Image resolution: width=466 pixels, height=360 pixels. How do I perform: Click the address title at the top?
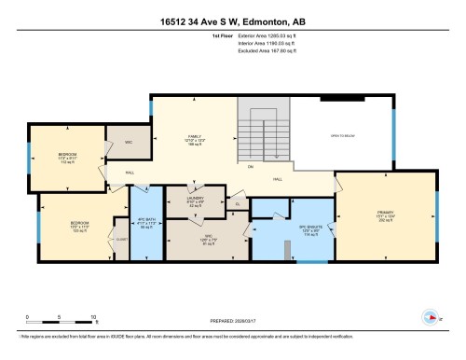pos(232,19)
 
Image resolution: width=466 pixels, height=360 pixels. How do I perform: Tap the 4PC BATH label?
pos(145,226)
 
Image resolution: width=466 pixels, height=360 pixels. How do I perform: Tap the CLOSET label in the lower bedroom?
pos(120,239)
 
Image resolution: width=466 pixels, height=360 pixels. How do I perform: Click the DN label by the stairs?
pos(251,168)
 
